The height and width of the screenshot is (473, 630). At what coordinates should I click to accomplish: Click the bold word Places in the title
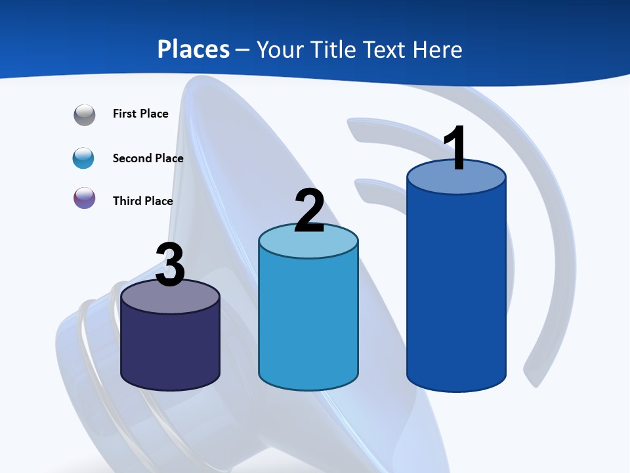click(194, 49)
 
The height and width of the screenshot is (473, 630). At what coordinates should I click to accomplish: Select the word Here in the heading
click(438, 49)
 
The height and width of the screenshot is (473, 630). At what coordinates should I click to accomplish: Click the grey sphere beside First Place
click(85, 115)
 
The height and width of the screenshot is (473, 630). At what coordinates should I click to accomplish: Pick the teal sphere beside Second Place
click(84, 158)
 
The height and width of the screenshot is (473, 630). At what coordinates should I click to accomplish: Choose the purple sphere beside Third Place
click(85, 198)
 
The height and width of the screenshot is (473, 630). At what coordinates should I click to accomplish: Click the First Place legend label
click(140, 114)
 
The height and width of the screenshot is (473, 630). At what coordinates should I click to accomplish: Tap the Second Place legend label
click(148, 158)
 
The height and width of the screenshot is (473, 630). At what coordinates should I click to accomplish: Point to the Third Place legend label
click(143, 201)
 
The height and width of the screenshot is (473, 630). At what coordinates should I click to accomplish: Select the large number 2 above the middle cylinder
click(309, 210)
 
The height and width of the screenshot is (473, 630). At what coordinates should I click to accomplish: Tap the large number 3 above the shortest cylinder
click(170, 265)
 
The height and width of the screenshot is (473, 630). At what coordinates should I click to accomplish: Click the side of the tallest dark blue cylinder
click(456, 289)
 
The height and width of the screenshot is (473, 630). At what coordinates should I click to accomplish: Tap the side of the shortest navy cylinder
click(170, 348)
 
